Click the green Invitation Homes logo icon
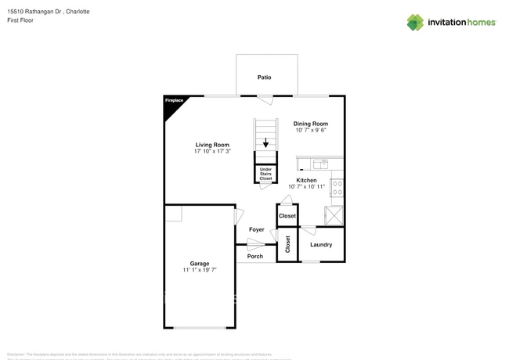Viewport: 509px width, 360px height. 414,22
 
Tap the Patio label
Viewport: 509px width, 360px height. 266,77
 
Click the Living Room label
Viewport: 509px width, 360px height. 212,145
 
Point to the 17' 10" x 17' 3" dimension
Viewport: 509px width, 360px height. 212,152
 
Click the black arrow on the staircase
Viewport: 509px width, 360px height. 266,143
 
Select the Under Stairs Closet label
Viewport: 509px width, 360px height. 266,174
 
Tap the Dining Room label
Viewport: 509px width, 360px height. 310,124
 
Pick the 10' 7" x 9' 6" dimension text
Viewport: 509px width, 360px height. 310,131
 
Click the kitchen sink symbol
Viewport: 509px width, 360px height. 319,164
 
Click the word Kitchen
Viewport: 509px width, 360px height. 306,180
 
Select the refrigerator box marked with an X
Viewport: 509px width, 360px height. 335,215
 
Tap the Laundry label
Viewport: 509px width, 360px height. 321,245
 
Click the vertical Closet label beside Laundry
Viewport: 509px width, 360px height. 287,245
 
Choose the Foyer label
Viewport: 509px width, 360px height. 256,229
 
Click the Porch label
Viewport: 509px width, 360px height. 255,257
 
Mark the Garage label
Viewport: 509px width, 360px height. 199,263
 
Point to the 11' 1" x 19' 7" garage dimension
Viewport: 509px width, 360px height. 199,270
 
